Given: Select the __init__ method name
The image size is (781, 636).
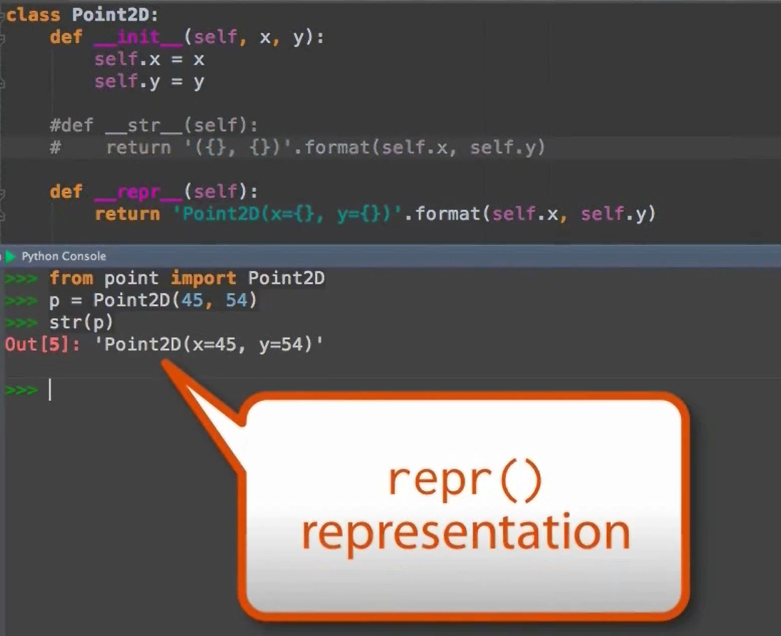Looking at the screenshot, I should (x=137, y=37).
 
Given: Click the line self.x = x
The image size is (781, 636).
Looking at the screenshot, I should (x=149, y=59).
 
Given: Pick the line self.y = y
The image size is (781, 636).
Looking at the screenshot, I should (x=149, y=81).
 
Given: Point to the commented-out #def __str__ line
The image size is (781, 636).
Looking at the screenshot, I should (x=154, y=126).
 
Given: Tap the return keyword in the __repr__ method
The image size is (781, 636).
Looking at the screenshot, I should (x=127, y=214).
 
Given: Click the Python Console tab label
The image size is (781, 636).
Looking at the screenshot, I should (x=64, y=256).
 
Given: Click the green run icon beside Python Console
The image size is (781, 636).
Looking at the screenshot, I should (x=10, y=256).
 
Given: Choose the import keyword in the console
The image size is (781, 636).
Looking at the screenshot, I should (x=203, y=278).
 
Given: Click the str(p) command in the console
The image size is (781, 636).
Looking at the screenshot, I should (x=81, y=322).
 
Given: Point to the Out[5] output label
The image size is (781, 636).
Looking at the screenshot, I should (x=41, y=344).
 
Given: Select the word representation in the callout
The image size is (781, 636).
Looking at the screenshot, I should (x=465, y=532).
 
